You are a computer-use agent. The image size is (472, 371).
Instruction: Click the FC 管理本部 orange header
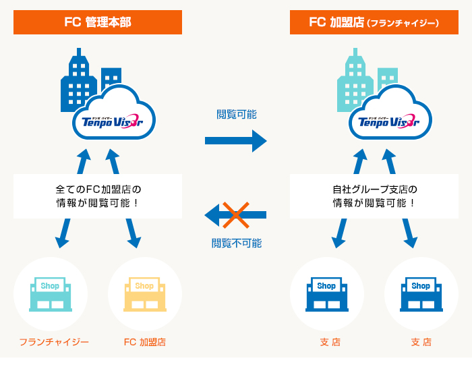tap(98, 22)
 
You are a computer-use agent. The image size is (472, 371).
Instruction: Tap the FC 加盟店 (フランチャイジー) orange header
tap(374, 22)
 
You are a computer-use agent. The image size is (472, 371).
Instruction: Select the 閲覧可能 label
tap(237, 115)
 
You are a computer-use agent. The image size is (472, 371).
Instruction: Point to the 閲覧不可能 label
tap(237, 243)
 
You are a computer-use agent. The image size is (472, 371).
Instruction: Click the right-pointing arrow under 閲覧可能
tap(236, 140)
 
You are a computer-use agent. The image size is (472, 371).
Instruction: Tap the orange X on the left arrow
tap(236, 215)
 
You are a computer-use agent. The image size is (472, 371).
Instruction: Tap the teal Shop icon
tap(51, 294)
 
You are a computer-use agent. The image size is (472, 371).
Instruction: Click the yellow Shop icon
tap(145, 294)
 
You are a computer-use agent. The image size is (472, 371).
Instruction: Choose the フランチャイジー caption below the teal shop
tap(54, 342)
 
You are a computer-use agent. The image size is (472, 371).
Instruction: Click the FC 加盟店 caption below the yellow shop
tap(145, 342)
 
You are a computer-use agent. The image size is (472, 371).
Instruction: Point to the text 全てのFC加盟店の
tap(98, 190)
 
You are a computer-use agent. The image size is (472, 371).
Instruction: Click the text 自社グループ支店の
tap(375, 190)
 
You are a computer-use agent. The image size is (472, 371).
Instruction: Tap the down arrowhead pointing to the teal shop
tap(62, 241)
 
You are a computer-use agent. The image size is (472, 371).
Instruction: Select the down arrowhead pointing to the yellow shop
tap(135, 241)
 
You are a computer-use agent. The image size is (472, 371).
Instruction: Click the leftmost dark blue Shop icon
tap(326, 294)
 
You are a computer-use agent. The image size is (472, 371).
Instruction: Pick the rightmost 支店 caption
tap(421, 342)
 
